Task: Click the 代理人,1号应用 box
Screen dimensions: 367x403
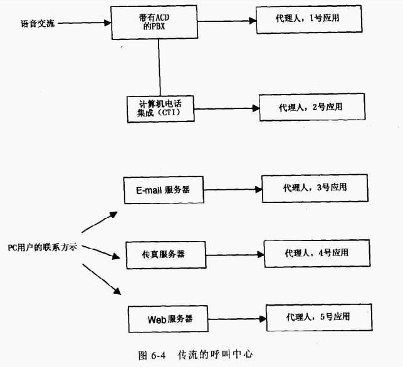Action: [x=309, y=21]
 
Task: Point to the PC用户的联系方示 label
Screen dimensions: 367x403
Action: [x=42, y=247]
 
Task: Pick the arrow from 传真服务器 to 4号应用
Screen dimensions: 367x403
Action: [x=234, y=254]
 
